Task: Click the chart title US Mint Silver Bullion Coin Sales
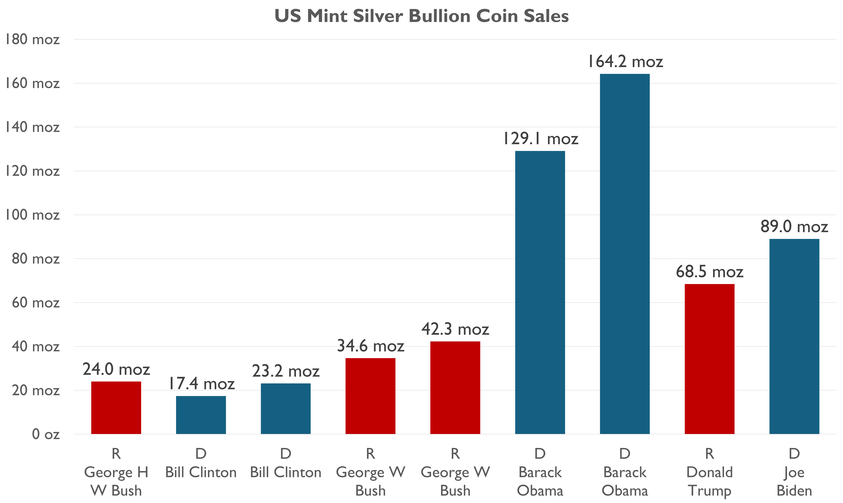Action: click(x=421, y=16)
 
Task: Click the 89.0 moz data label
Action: click(x=794, y=226)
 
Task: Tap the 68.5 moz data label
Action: click(x=709, y=272)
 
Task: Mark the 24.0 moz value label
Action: click(x=116, y=369)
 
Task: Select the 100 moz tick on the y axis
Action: click(x=32, y=215)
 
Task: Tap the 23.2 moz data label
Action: click(x=286, y=371)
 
